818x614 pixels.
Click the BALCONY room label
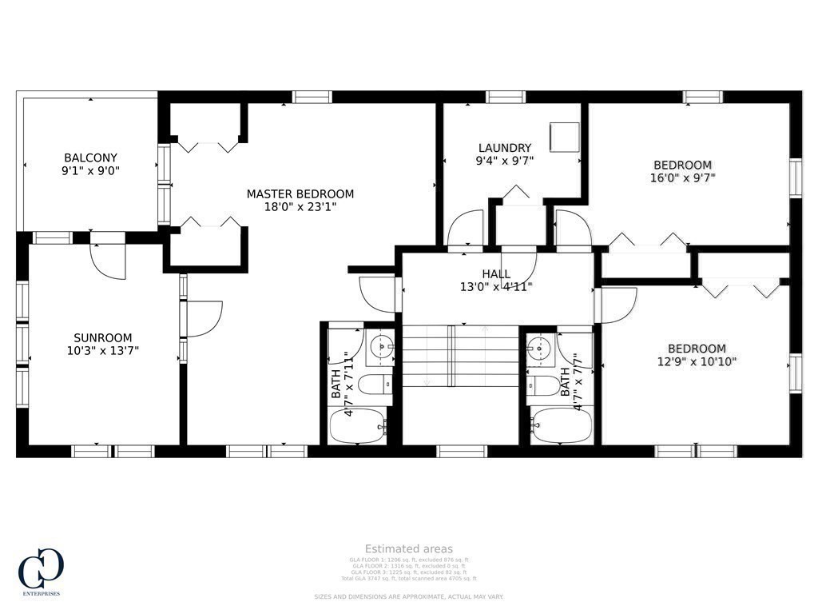coord(90,157)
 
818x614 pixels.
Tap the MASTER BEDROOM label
coord(300,193)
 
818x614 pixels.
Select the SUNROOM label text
coord(103,337)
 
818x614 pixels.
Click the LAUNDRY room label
coord(504,148)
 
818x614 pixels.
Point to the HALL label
coord(496,274)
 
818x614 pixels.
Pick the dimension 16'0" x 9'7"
coord(682,178)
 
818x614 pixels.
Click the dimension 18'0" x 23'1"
coord(300,206)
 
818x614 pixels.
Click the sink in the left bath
coord(381,347)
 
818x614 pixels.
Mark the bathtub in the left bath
coord(358,425)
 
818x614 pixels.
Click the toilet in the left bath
coord(375,385)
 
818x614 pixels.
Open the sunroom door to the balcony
coord(108,257)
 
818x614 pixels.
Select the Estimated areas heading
coord(409,548)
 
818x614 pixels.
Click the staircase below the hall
coord(460,356)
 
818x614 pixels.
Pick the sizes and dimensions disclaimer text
coord(409,596)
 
